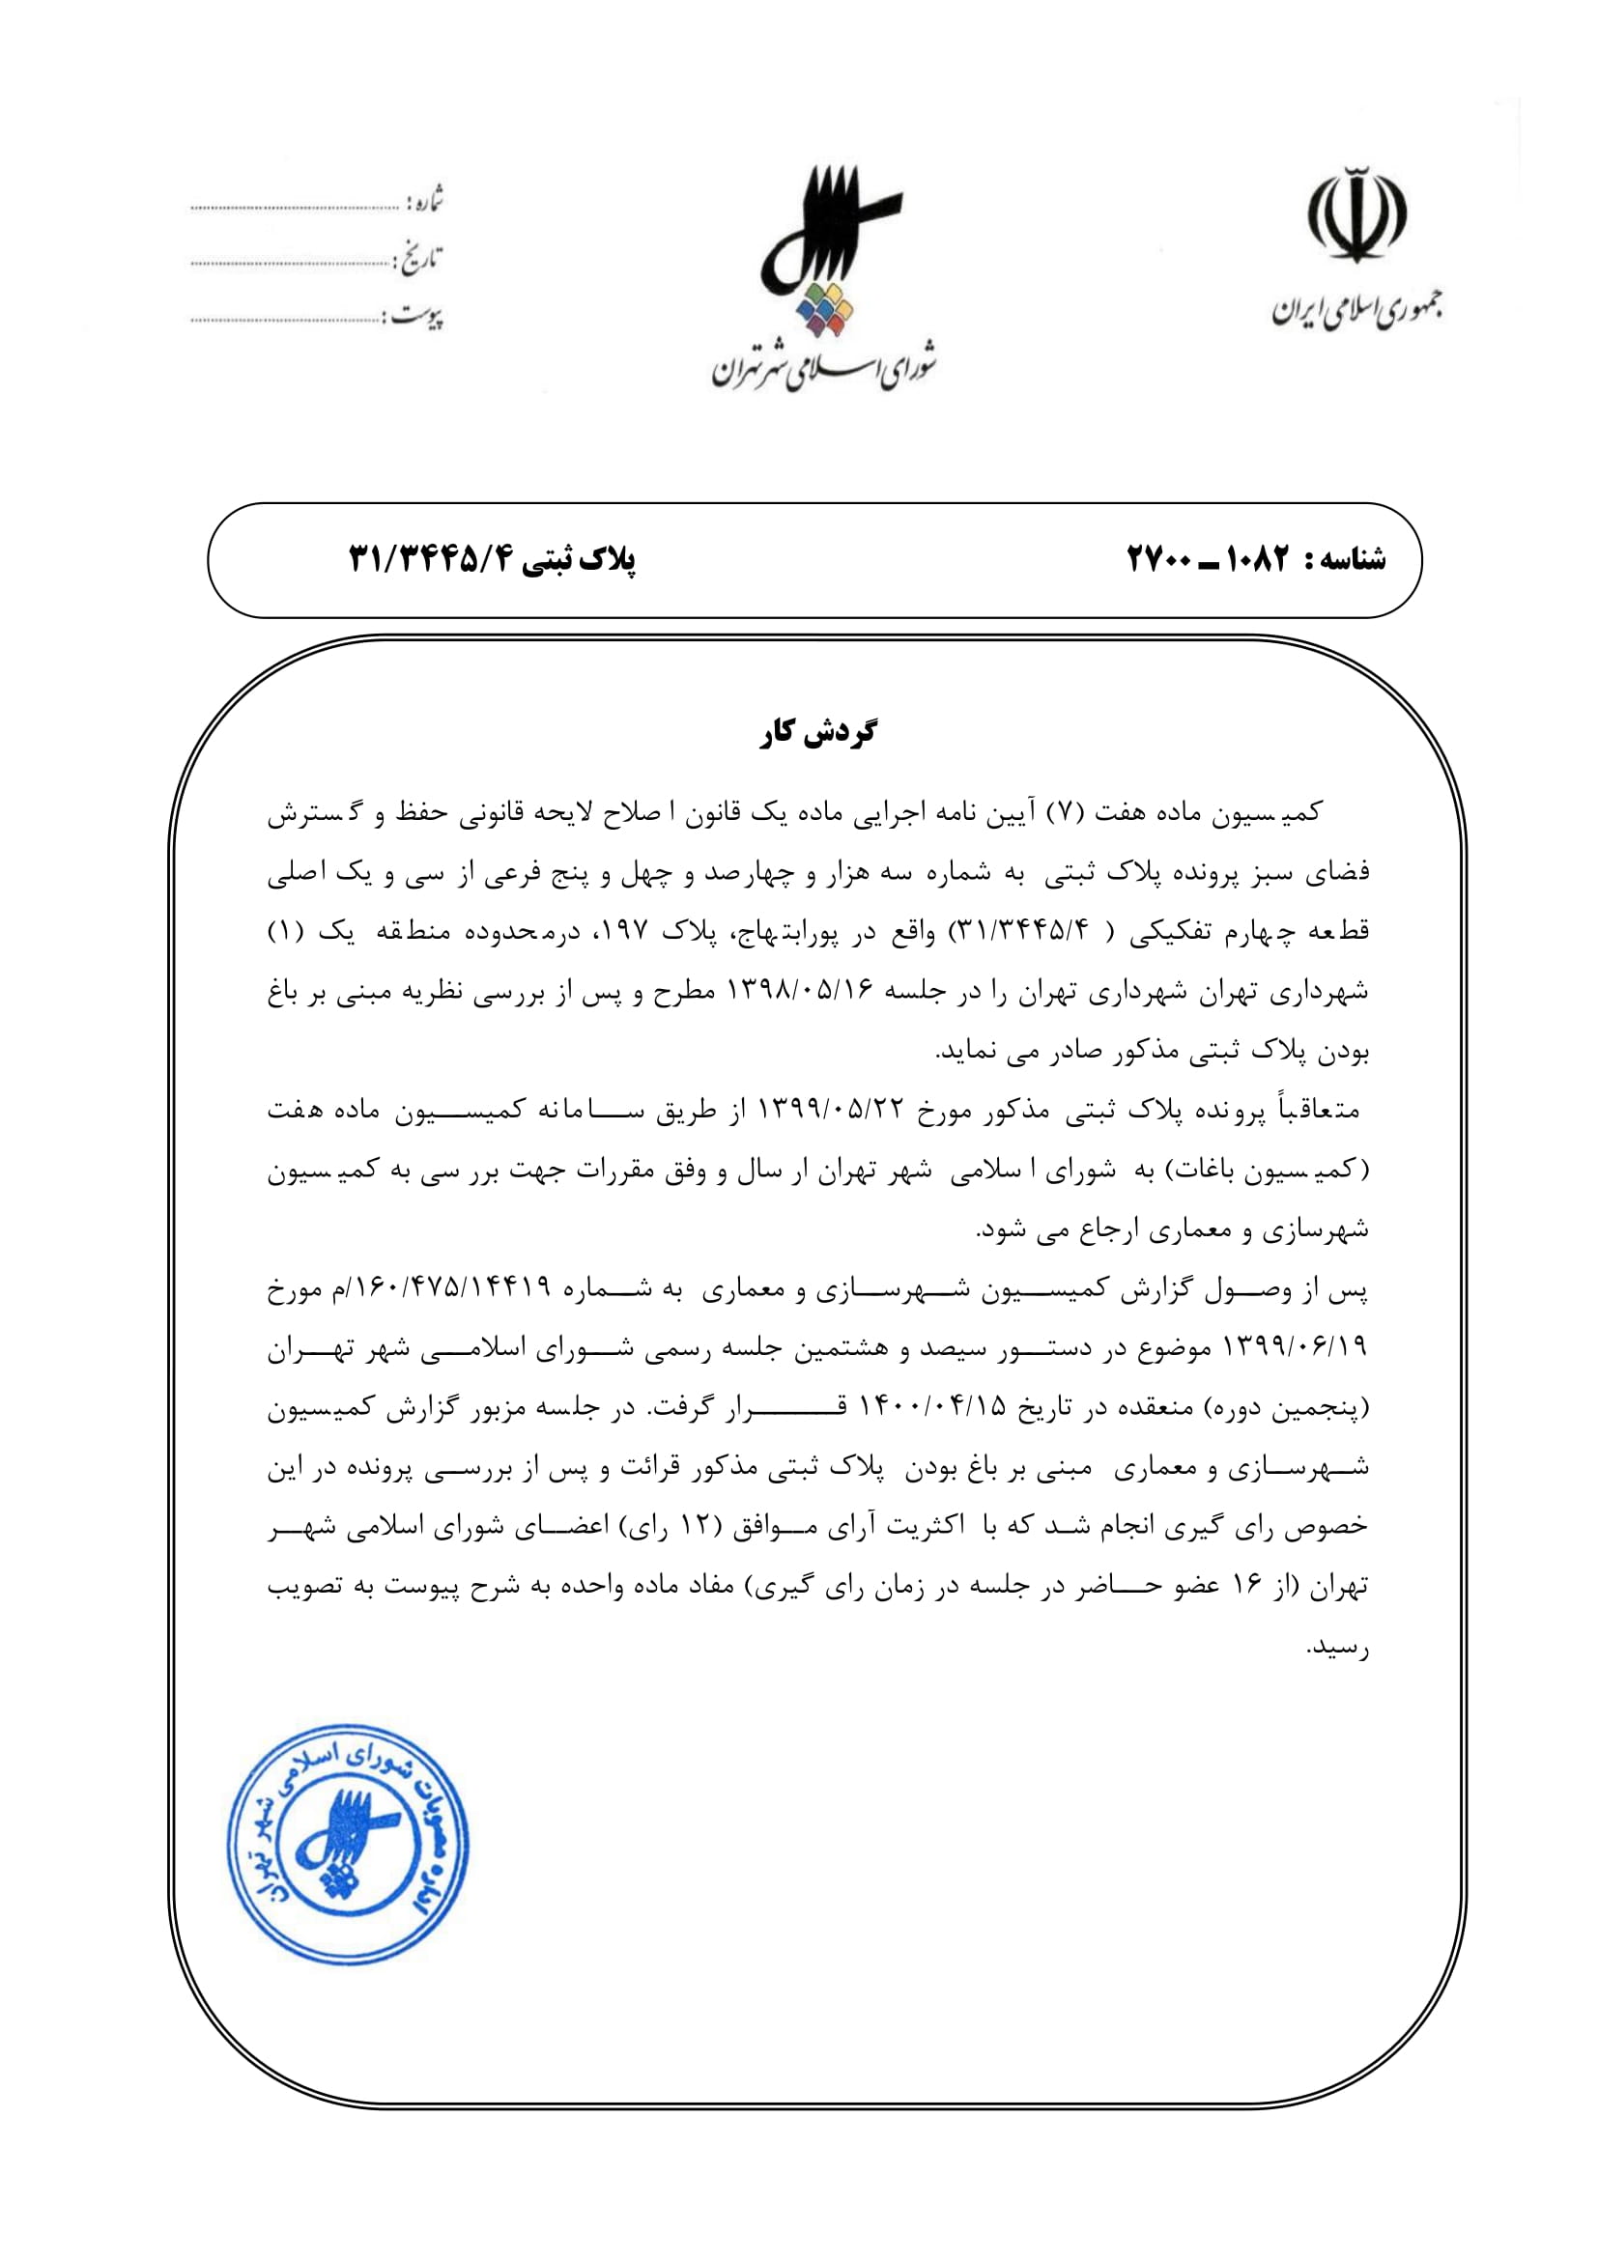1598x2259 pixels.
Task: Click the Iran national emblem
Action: tap(1355, 215)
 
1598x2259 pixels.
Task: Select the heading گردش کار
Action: tap(817, 733)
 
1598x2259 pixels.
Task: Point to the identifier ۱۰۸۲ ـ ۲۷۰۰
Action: tap(1208, 560)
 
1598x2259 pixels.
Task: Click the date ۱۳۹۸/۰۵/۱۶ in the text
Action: tap(800, 991)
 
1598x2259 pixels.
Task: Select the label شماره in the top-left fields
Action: tap(426, 200)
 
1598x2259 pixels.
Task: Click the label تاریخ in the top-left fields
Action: tap(419, 259)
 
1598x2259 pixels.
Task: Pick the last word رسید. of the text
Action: tap(1337, 1647)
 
